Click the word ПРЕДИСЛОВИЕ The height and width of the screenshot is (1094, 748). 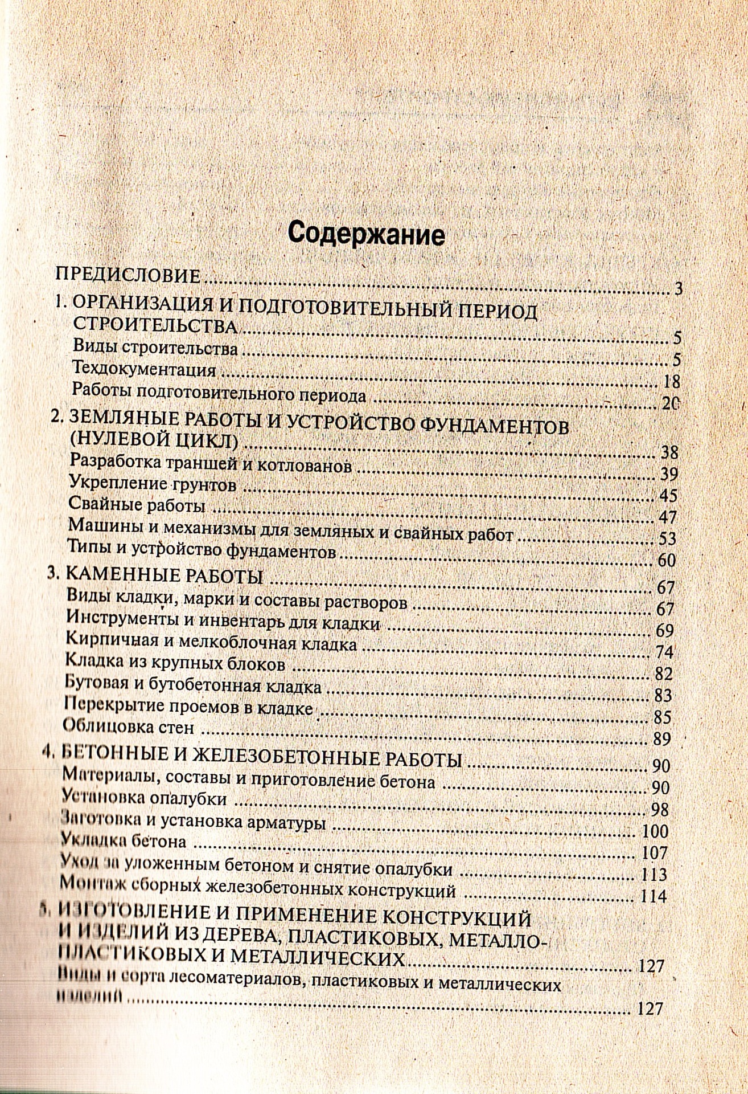(128, 276)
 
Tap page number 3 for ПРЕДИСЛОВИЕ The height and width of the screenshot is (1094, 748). (677, 288)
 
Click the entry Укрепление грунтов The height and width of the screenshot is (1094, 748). (151, 484)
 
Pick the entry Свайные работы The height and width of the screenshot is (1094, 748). (136, 504)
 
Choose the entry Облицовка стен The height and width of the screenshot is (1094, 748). (130, 727)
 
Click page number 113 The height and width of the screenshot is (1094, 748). (654, 874)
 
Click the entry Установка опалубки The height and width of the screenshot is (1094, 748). (146, 798)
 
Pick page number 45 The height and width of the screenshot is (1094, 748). (667, 495)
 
